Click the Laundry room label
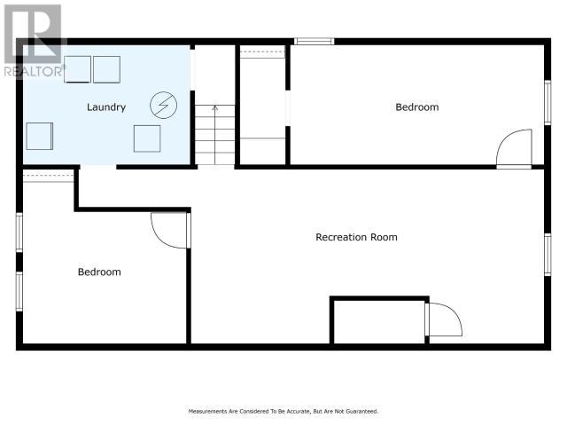[106, 107]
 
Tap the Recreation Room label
[356, 237]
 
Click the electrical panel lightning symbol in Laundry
[163, 105]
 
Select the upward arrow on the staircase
[215, 134]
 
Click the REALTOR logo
[34, 41]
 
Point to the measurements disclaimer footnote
[283, 411]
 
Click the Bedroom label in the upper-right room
[417, 107]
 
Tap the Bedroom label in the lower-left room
[99, 272]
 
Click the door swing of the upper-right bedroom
[514, 149]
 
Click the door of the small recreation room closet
[444, 319]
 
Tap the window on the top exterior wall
[314, 42]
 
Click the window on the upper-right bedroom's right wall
[548, 103]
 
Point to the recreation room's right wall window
[548, 255]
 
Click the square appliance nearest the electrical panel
[147, 138]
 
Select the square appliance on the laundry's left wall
[40, 136]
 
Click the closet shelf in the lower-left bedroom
[49, 176]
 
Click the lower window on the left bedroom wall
[19, 291]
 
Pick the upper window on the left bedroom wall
[19, 232]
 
